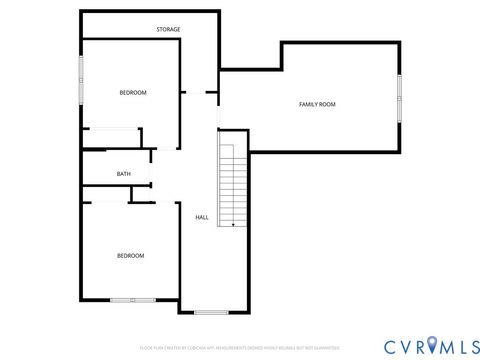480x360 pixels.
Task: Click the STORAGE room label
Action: pyautogui.click(x=168, y=30)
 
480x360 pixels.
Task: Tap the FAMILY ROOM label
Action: pyautogui.click(x=317, y=104)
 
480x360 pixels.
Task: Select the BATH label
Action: pyautogui.click(x=123, y=174)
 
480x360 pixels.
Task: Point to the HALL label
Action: pyautogui.click(x=201, y=217)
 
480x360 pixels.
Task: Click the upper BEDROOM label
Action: pyautogui.click(x=133, y=93)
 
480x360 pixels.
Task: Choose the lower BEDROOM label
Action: pyautogui.click(x=130, y=256)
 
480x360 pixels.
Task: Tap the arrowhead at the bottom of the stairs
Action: pyautogui.click(x=233, y=225)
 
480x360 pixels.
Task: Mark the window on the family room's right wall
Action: pyautogui.click(x=398, y=98)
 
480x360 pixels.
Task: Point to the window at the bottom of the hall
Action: pyautogui.click(x=211, y=312)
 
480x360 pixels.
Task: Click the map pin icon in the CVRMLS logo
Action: pyautogui.click(x=432, y=346)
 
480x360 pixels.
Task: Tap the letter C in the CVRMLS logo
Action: pyautogui.click(x=387, y=346)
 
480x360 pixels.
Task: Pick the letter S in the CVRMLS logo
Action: pyautogui.click(x=468, y=346)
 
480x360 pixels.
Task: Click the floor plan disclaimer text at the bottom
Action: pyautogui.click(x=240, y=347)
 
